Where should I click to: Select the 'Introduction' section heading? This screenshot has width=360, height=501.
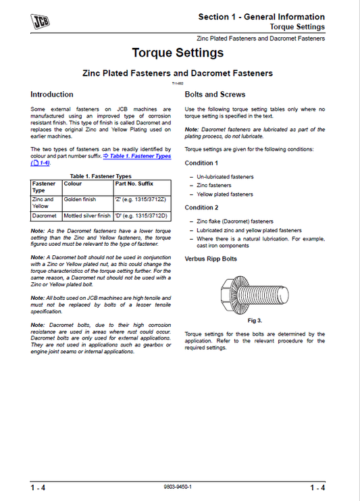52,95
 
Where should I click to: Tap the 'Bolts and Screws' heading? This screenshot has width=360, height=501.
215,95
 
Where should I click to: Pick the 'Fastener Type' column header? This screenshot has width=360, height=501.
45,186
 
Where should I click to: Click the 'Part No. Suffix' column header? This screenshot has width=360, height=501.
134,182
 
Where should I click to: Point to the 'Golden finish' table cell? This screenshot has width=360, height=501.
80,200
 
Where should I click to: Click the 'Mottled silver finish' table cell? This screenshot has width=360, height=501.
87,216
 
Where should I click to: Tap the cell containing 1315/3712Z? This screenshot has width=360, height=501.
142,200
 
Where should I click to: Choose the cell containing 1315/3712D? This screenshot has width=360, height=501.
142,216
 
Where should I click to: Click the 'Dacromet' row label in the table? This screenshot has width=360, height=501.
45,216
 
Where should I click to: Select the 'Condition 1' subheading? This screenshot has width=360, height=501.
201,163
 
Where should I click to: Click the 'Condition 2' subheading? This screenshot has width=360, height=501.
201,207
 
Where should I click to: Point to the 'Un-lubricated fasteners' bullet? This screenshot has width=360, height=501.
225,176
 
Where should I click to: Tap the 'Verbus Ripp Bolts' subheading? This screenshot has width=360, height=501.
211,259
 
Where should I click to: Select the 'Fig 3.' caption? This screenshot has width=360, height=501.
255,320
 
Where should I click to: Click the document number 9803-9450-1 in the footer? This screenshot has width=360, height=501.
178,487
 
